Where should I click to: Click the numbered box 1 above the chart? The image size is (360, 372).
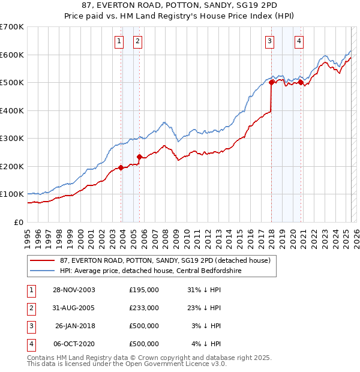[x=119, y=41]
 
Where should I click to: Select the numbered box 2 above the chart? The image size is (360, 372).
[x=137, y=41]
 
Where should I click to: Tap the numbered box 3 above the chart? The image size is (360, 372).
[x=270, y=41]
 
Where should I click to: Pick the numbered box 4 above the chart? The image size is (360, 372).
[x=299, y=41]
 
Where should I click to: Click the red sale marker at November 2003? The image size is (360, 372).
[x=121, y=168]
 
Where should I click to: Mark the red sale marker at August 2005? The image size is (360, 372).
[x=139, y=157]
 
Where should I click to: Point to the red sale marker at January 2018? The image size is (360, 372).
[x=271, y=83]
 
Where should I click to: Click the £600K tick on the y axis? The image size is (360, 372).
[x=12, y=55]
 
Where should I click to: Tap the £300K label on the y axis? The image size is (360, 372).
[x=12, y=138]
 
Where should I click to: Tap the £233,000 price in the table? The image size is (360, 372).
[x=144, y=308]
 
